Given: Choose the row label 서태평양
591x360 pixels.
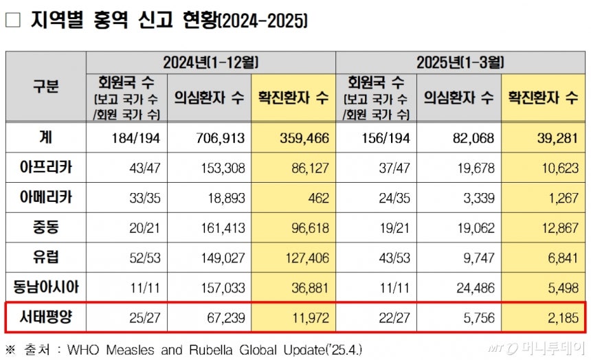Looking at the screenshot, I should (46, 317).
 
